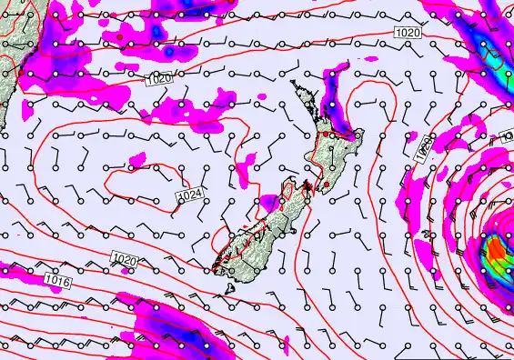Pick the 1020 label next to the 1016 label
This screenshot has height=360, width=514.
(125, 261)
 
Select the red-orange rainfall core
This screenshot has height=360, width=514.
(496, 246)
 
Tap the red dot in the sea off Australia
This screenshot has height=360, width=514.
(119, 37)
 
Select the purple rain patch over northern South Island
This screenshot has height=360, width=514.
(270, 202)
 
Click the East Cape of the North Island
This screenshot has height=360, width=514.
(358, 135)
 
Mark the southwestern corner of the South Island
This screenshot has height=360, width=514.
(215, 266)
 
